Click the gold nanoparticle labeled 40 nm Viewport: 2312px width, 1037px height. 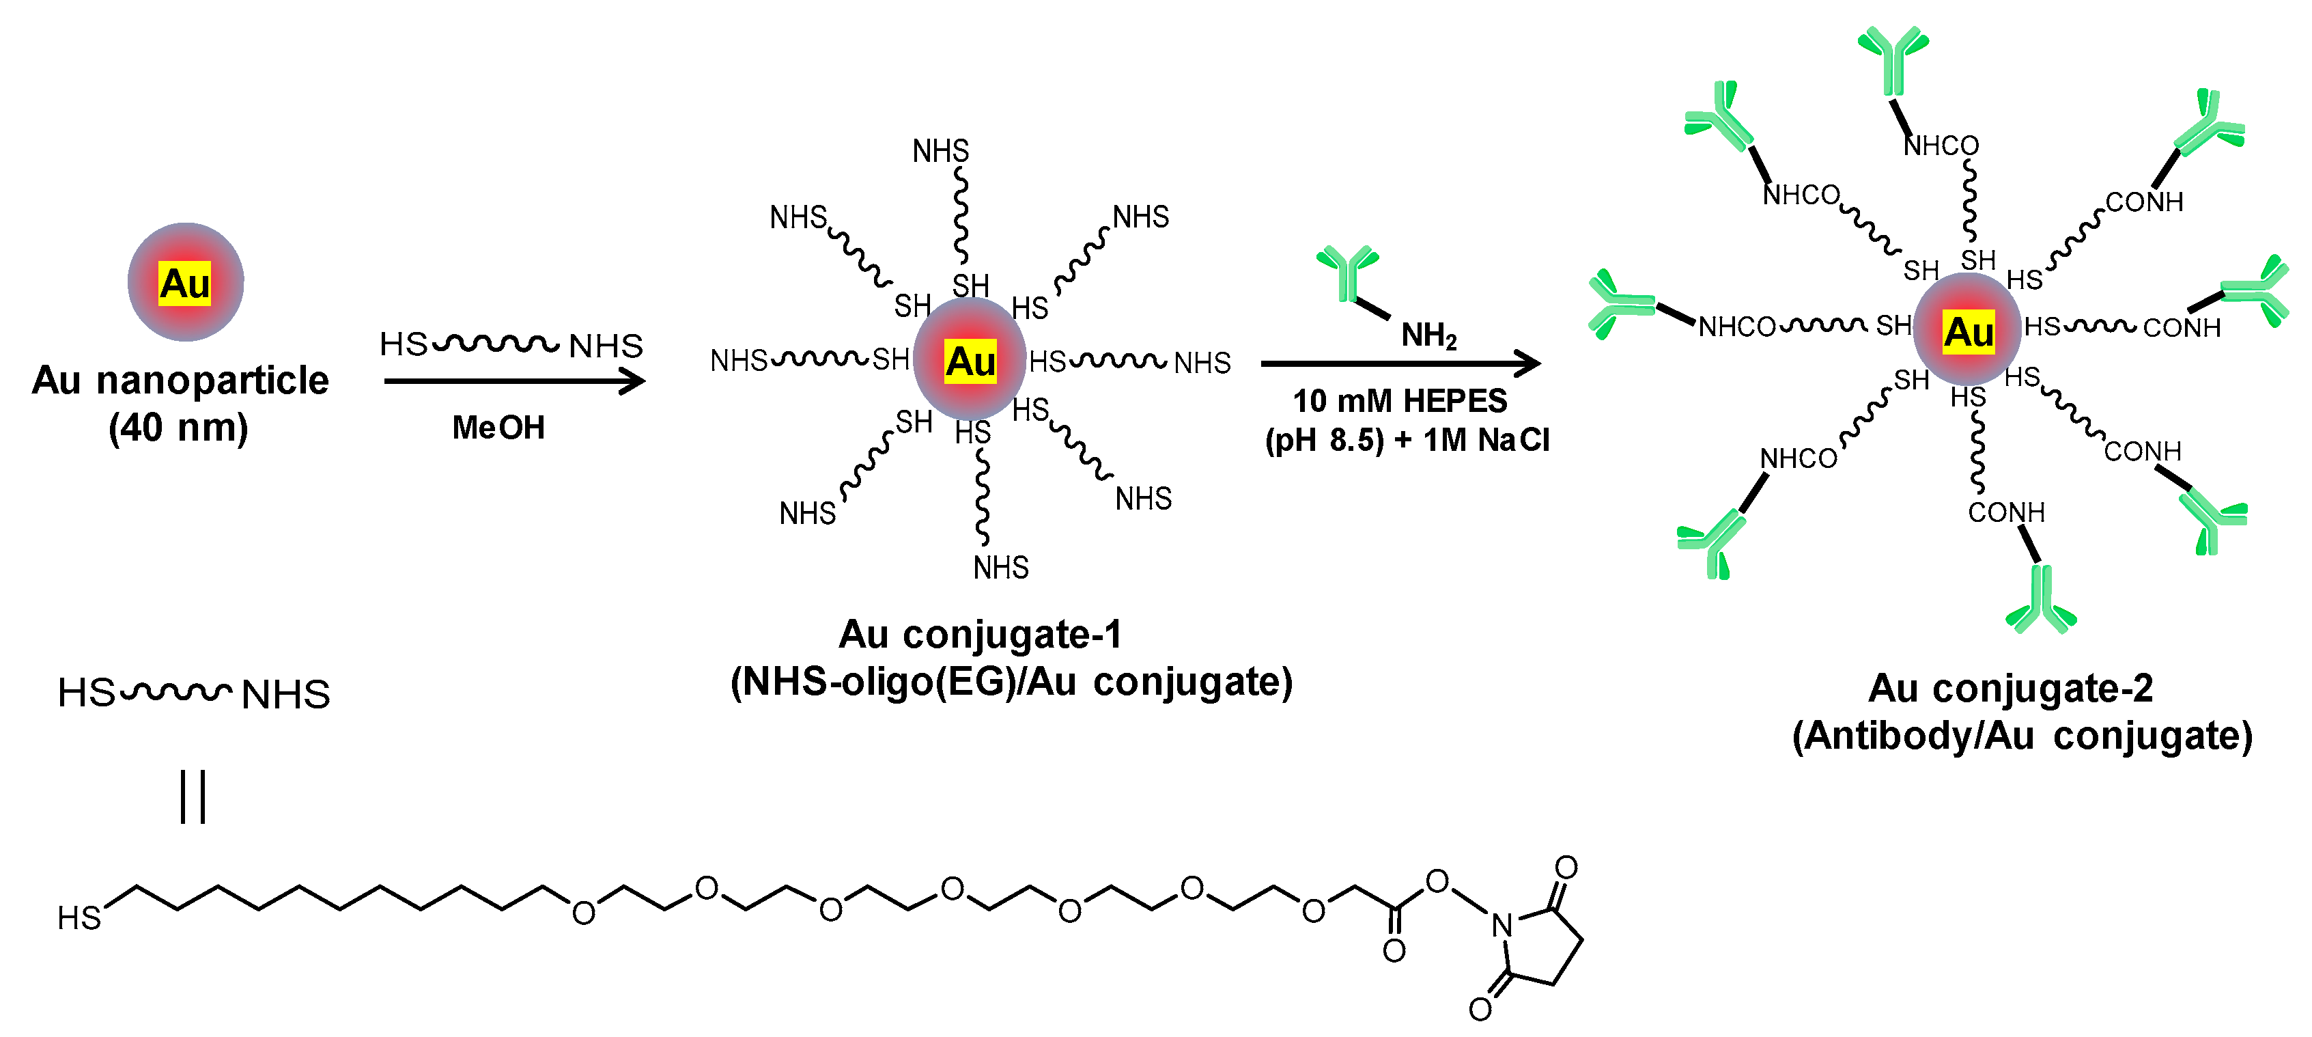(185, 282)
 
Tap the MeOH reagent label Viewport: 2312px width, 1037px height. (498, 428)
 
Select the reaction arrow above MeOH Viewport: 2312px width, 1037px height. (513, 382)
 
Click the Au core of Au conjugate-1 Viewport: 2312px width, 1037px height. (970, 360)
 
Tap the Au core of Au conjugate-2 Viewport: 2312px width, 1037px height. (1967, 331)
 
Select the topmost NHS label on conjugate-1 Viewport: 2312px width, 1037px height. (941, 151)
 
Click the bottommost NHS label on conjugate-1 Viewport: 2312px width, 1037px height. (1001, 568)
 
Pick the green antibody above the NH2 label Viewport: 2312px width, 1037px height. (1347, 272)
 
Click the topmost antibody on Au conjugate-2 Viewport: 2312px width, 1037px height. (1893, 59)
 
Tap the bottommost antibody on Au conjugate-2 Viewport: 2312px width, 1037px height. (2040, 600)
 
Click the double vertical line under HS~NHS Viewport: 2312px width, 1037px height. (193, 797)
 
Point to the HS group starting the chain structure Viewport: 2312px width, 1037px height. (79, 917)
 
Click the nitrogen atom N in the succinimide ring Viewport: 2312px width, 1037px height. (1502, 925)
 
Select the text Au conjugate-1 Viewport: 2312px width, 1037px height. (980, 635)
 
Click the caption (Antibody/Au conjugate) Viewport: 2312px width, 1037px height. (2022, 736)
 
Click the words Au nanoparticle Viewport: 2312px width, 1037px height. (180, 381)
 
